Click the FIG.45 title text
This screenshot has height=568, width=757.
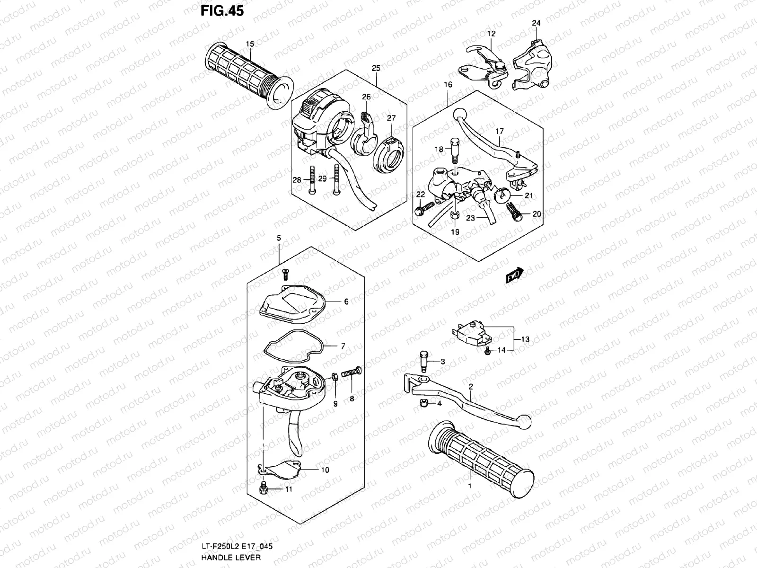coord(222,10)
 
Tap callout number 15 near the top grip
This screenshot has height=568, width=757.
coord(249,44)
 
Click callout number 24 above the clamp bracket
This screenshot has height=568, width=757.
coord(536,23)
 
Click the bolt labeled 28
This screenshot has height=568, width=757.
coord(313,180)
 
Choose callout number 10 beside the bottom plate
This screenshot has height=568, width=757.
coord(325,470)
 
